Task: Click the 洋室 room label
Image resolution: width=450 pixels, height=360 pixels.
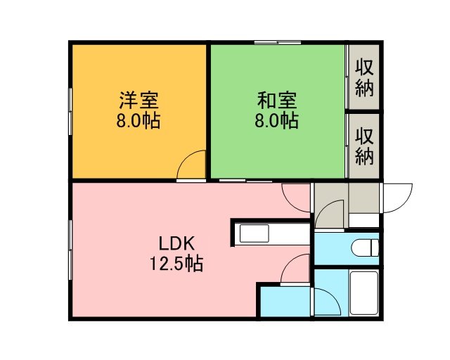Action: click(139, 100)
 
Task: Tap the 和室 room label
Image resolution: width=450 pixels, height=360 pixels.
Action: click(277, 100)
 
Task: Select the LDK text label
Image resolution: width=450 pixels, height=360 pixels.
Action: click(177, 243)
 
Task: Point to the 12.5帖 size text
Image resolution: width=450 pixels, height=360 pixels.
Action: click(176, 263)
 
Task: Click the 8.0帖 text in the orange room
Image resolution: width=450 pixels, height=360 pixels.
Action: click(139, 120)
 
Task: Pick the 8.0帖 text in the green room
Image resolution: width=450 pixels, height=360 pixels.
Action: click(276, 120)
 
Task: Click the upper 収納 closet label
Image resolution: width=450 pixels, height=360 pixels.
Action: click(364, 78)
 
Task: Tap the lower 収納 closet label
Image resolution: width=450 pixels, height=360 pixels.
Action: click(364, 146)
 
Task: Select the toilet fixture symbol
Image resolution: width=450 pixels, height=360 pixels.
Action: click(365, 247)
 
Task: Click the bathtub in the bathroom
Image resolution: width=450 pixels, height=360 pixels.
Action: click(364, 292)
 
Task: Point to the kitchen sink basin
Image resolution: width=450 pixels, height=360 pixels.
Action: click(255, 233)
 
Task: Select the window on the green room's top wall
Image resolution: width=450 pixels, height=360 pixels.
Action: click(278, 42)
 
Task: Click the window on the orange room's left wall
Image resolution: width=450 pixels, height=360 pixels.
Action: click(70, 111)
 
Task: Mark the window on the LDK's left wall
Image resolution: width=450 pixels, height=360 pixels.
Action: click(70, 250)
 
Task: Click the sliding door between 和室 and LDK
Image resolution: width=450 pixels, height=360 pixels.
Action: click(245, 181)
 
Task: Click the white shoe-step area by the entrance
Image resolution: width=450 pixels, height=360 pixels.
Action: click(364, 220)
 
